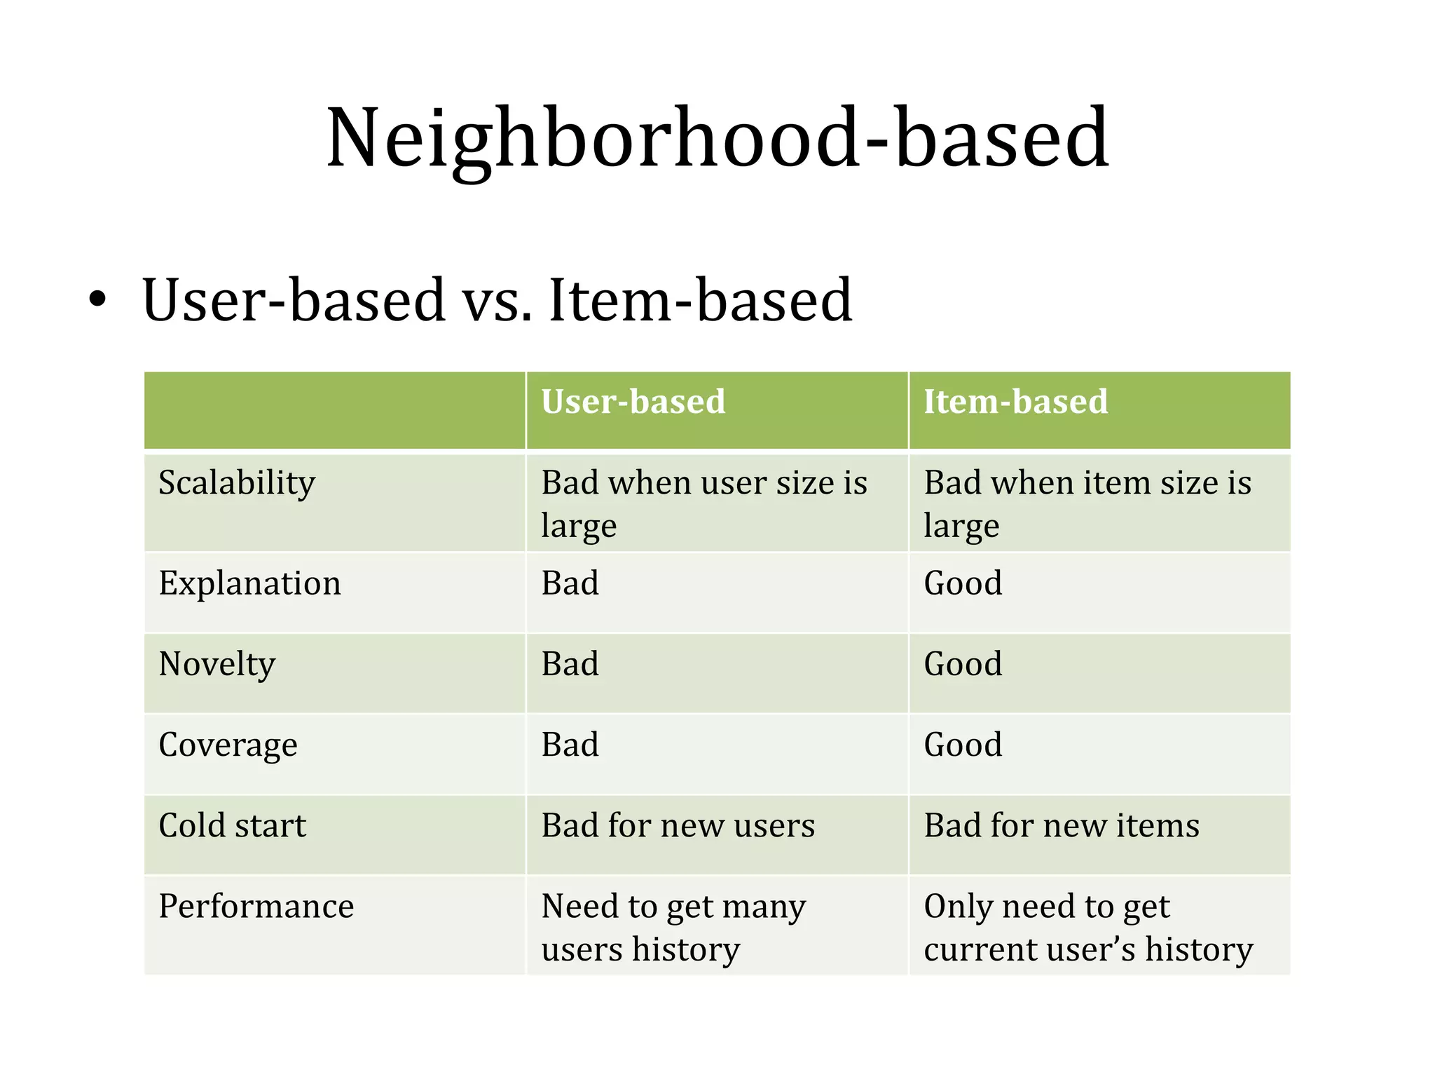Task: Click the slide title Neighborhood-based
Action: (x=717, y=138)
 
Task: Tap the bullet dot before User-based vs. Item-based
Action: (x=97, y=301)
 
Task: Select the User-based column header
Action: (x=633, y=402)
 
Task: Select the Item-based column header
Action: (x=1015, y=402)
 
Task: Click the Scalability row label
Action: (x=237, y=483)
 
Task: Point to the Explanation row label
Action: (x=249, y=583)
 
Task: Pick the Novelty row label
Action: (x=217, y=664)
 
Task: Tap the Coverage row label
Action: (x=228, y=745)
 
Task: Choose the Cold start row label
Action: (x=232, y=825)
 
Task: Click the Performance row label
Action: (x=256, y=906)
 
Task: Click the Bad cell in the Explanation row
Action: (x=570, y=583)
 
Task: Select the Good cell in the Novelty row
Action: (x=963, y=664)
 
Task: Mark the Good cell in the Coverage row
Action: (x=963, y=745)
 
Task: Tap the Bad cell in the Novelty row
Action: (x=570, y=664)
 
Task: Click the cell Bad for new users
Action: (x=678, y=825)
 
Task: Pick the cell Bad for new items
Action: (x=1061, y=825)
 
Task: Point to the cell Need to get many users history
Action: (x=673, y=927)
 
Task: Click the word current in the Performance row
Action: (x=980, y=949)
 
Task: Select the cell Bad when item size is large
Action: (x=1086, y=503)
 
